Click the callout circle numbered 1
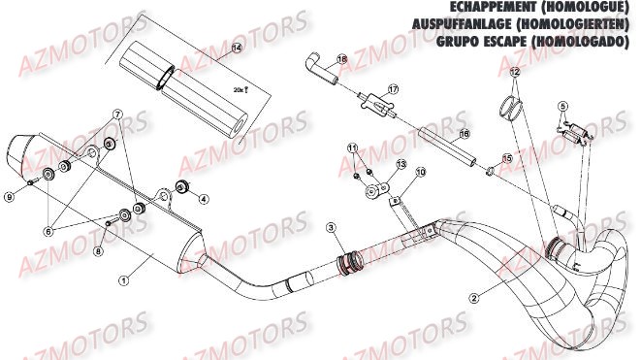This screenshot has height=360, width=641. coord(124,279)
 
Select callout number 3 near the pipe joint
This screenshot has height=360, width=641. coord(331,228)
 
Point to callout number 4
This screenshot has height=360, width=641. coord(203,199)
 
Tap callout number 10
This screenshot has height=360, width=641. coord(421,172)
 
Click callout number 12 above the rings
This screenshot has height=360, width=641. coord(515,73)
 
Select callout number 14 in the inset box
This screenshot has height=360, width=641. coord(238,48)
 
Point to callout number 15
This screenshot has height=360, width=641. coord(506,157)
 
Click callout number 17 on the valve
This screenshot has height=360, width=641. coord(393,90)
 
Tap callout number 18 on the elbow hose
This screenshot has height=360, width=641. coord(341,59)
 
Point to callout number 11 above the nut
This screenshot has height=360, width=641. coord(354,147)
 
